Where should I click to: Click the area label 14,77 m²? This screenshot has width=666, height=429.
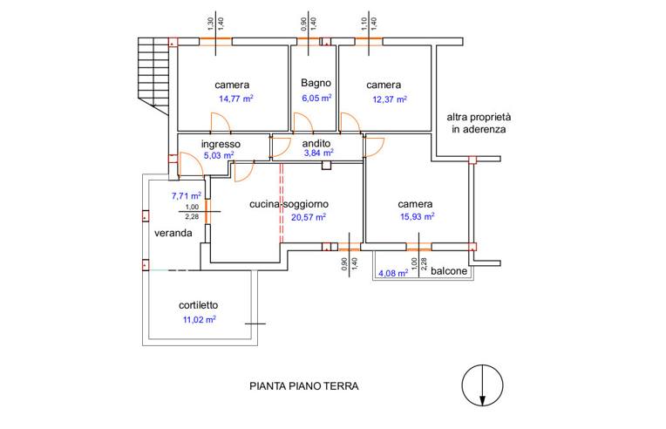235,99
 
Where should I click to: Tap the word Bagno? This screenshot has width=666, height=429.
316,83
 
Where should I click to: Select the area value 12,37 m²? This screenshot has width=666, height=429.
390,99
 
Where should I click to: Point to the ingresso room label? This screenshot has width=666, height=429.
221,144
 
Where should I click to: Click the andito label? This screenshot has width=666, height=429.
316,143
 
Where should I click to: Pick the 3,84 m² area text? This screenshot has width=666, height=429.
319,153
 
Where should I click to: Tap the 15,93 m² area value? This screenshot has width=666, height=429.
418,216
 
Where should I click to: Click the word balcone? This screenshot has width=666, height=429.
450,271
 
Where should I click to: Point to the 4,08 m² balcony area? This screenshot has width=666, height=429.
393,273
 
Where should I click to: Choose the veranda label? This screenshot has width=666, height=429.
173,234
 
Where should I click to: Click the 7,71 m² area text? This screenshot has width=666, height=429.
187,195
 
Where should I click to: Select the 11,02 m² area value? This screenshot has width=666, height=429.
199,319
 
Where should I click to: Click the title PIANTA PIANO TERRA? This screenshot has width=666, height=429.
303,385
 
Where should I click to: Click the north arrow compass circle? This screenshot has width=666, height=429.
480,384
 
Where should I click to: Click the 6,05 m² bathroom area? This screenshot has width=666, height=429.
316,99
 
